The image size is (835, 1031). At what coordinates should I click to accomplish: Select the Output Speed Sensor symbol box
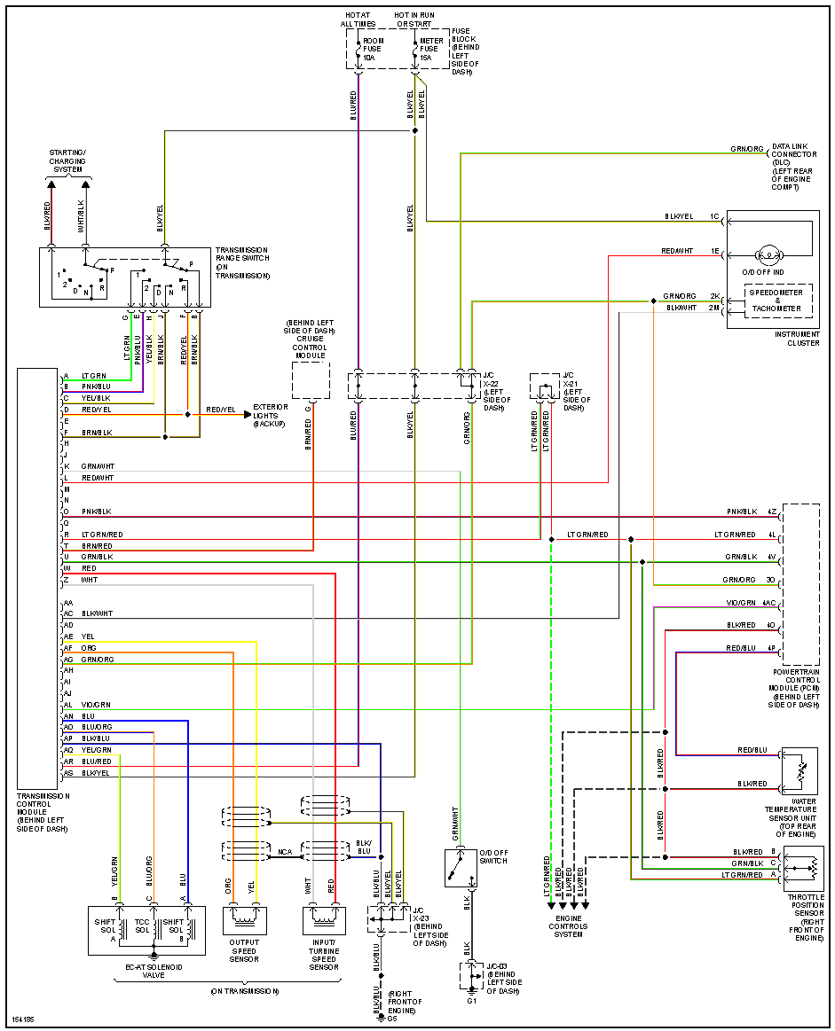(x=244, y=919)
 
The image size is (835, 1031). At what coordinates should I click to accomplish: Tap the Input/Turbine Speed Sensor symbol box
(x=324, y=919)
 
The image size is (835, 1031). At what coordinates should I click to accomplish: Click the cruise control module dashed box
(x=311, y=379)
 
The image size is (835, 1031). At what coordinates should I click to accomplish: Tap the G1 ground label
(x=471, y=1000)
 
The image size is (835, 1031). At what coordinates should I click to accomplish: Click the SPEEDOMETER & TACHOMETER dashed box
(x=777, y=301)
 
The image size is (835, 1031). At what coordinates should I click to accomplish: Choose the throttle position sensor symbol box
(x=803, y=868)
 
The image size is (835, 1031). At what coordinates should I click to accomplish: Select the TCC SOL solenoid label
(x=142, y=926)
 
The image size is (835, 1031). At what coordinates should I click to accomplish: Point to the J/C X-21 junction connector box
(x=544, y=387)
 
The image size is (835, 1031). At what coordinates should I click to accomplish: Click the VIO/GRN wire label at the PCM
(x=742, y=602)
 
